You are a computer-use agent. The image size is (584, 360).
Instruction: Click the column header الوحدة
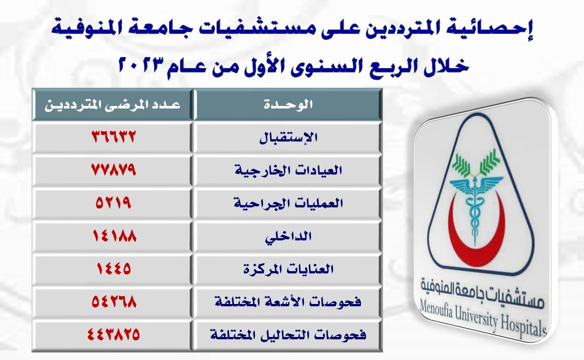tap(288, 104)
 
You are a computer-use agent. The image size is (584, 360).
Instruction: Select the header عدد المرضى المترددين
tap(112, 104)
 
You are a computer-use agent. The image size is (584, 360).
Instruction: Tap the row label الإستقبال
tap(288, 137)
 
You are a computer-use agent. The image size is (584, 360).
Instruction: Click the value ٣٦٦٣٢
tap(113, 136)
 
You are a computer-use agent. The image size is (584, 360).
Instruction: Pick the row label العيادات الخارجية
tap(288, 170)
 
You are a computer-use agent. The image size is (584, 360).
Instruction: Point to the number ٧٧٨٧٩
tap(113, 170)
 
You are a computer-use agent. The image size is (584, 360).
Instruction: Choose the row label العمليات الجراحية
tap(288, 203)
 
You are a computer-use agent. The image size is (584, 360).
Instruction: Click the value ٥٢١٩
tap(113, 202)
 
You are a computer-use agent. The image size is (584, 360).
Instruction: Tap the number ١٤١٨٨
tap(114, 235)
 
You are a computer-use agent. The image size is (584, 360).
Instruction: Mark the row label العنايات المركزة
tap(288, 269)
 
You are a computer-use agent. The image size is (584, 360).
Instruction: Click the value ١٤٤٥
tap(113, 268)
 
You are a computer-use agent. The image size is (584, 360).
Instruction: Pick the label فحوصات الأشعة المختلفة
tap(288, 301)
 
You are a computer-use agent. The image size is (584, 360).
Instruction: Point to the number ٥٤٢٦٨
tap(114, 301)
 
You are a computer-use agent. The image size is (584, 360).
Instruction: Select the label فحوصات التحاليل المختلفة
tap(288, 334)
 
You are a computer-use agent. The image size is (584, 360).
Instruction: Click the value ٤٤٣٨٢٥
tap(113, 334)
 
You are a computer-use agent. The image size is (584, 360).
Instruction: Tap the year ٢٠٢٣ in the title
tap(142, 65)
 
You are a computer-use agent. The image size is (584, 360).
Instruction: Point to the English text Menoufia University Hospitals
tap(482, 317)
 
